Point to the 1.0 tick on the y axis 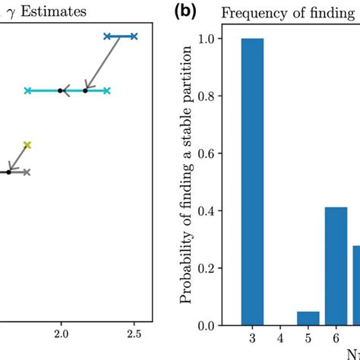(x=206, y=39)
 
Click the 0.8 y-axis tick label (x=206, y=96)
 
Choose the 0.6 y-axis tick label (x=206, y=153)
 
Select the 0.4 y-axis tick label (x=206, y=211)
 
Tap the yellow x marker (x=27, y=144)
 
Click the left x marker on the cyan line (x=27, y=91)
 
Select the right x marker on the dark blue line (x=134, y=36)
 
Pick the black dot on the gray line (x=9, y=172)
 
